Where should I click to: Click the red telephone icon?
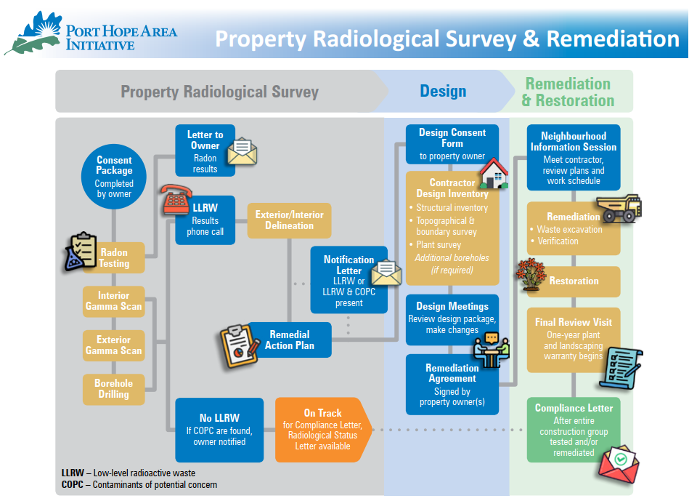[x=177, y=200]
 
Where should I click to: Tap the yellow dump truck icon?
[x=619, y=208]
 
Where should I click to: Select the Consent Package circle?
[x=114, y=177]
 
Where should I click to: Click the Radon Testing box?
[x=114, y=257]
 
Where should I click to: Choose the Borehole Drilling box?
[x=114, y=389]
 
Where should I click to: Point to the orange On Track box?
[x=324, y=430]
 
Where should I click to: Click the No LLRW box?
[x=219, y=430]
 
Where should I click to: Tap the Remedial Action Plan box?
[x=289, y=340]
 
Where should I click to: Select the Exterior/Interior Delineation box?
[x=290, y=220]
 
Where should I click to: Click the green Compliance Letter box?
[x=574, y=430]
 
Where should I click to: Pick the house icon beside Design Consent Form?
[x=494, y=173]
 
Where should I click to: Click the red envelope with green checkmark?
[x=619, y=464]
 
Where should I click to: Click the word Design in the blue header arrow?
[x=443, y=92]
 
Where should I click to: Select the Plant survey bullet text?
[x=439, y=245]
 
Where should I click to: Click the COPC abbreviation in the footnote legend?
[x=73, y=484]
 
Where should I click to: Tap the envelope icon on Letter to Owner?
[x=242, y=151]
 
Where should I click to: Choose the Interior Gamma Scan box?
[x=114, y=302]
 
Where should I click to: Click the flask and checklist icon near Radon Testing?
[x=81, y=251]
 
